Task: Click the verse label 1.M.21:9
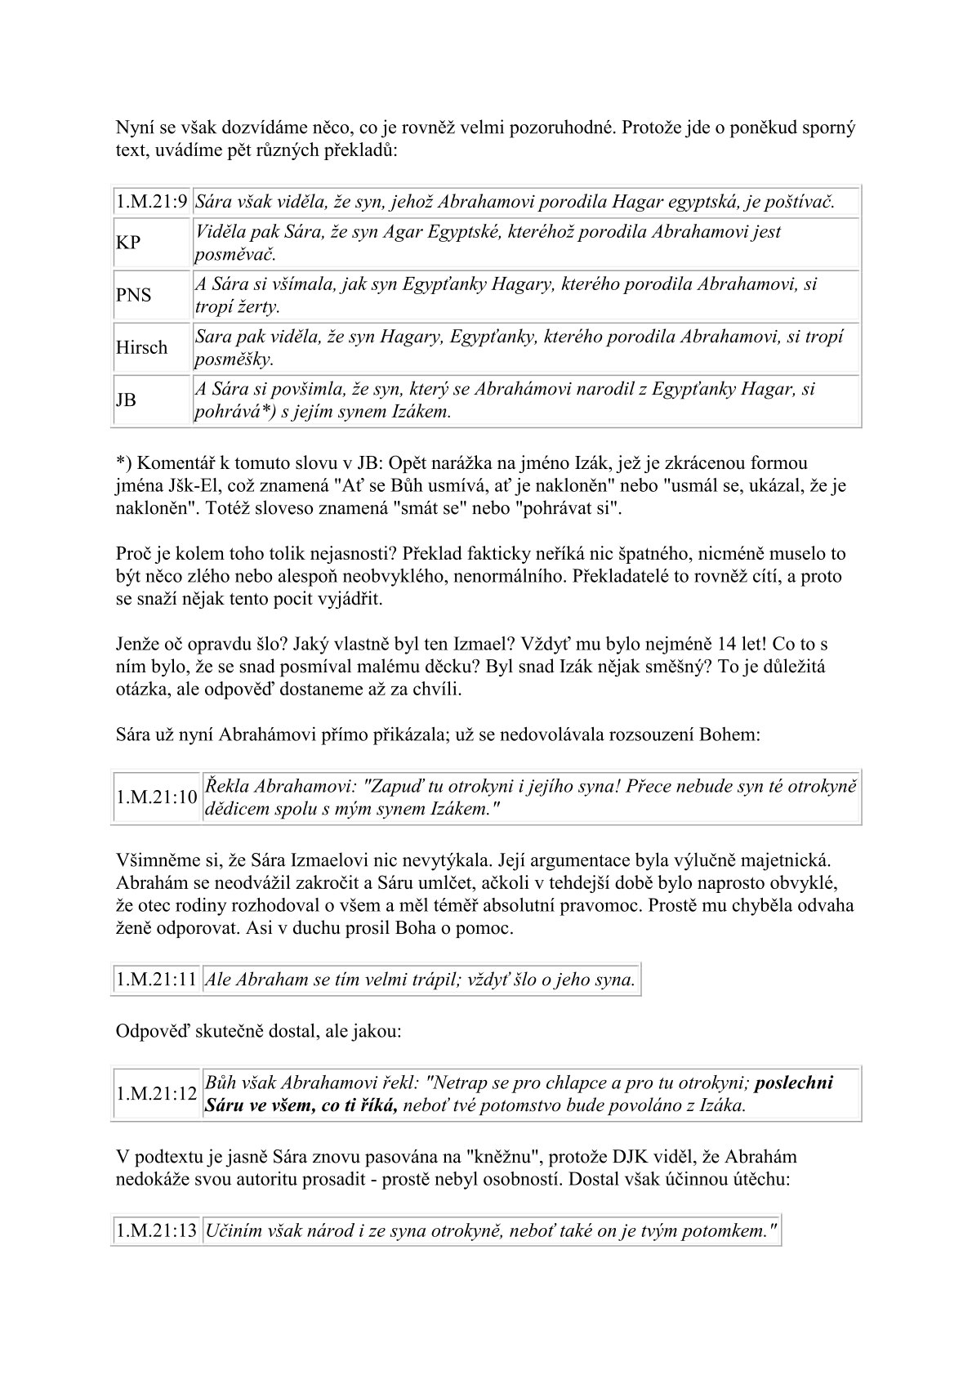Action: [x=151, y=202]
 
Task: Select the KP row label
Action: [x=127, y=243]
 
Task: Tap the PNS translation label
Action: [x=133, y=296]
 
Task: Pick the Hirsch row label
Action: [x=141, y=348]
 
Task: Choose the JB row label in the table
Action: [x=126, y=400]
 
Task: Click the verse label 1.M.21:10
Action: [x=156, y=797]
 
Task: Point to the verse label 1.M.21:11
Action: [x=156, y=980]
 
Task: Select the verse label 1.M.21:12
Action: [x=156, y=1095]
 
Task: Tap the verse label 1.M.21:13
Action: [x=156, y=1231]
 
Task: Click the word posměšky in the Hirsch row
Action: [x=234, y=359]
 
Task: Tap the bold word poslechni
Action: [x=795, y=1083]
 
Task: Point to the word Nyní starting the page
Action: [x=136, y=128]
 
